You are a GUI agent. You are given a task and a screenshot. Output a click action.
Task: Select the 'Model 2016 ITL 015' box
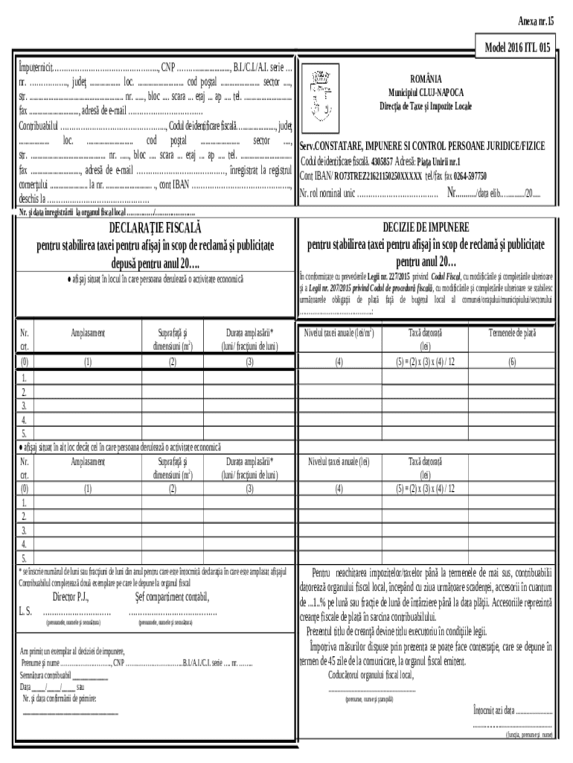pos(517,47)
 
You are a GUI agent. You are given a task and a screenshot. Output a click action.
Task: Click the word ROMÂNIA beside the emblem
pos(426,78)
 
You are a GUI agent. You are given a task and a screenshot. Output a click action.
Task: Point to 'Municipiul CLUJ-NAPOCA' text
pos(426,92)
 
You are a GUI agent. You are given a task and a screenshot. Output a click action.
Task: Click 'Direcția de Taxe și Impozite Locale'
pos(426,106)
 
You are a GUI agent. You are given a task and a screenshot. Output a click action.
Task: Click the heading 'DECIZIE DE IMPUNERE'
pos(426,227)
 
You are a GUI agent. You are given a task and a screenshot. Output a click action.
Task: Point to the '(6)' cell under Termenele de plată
pos(511,362)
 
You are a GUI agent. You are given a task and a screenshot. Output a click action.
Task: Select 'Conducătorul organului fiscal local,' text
pos(371,675)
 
